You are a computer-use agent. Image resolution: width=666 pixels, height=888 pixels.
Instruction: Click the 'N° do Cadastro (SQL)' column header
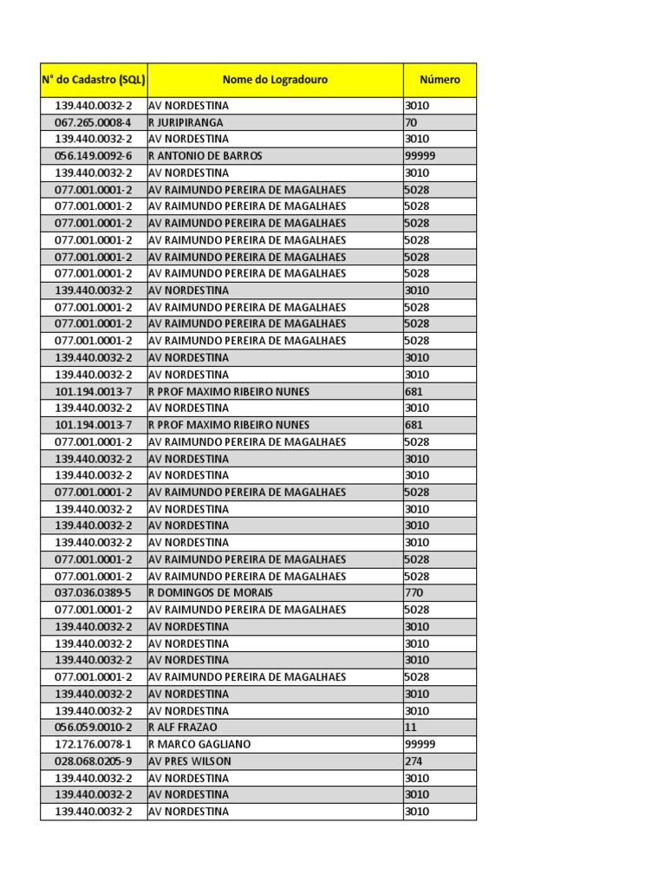pyautogui.click(x=94, y=80)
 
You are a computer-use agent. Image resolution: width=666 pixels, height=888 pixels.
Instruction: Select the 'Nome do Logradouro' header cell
pyautogui.click(x=275, y=80)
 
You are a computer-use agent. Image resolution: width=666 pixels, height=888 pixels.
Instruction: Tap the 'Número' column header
pyautogui.click(x=440, y=80)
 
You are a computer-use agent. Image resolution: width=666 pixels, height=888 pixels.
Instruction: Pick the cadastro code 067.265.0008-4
pyautogui.click(x=94, y=122)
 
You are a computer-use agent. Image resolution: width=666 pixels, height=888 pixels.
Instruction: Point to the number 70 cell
pyautogui.click(x=412, y=122)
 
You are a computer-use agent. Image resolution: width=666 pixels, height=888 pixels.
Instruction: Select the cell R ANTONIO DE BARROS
pyautogui.click(x=206, y=156)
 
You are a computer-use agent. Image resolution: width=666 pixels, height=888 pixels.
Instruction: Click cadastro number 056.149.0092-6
pyautogui.click(x=94, y=156)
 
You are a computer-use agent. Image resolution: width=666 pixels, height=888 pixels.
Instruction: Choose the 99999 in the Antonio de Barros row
pyautogui.click(x=421, y=156)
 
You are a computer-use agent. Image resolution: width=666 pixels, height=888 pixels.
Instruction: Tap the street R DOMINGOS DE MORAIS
pyautogui.click(x=211, y=593)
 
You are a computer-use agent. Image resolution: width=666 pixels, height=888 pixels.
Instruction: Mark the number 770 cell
pyautogui.click(x=414, y=593)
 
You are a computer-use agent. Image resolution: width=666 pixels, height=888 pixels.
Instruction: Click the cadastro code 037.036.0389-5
pyautogui.click(x=94, y=593)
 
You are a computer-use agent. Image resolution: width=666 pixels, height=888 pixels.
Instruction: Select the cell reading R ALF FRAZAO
pyautogui.click(x=183, y=728)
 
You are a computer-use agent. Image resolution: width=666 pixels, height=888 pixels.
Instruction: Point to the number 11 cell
pyautogui.click(x=411, y=728)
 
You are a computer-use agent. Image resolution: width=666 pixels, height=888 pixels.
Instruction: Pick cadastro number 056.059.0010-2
pyautogui.click(x=94, y=728)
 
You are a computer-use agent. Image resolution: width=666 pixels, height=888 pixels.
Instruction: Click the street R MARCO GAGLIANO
pyautogui.click(x=200, y=744)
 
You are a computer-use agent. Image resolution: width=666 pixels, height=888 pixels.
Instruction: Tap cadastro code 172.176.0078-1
pyautogui.click(x=94, y=744)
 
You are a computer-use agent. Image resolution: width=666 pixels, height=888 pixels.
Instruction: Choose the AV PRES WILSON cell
pyautogui.click(x=190, y=761)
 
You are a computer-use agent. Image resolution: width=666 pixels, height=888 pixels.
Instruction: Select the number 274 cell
pyautogui.click(x=414, y=761)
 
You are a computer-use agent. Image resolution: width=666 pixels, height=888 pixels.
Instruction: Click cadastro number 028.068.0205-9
pyautogui.click(x=94, y=761)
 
